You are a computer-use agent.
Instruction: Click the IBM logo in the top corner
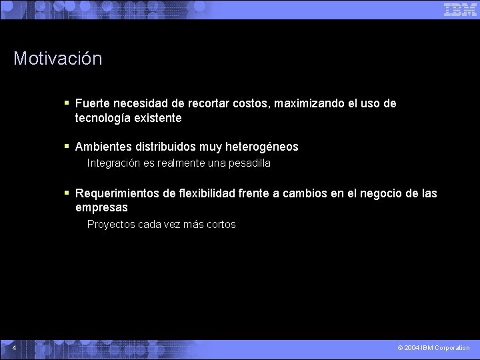click(460, 9)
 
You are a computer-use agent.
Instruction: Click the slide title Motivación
click(58, 59)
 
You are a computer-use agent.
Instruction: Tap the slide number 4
click(14, 347)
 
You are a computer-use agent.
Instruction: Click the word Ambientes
click(103, 147)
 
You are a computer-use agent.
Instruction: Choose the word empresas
click(101, 208)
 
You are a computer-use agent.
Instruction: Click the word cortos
click(221, 225)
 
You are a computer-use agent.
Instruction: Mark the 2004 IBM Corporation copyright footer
click(433, 348)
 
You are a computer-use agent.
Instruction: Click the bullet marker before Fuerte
click(67, 103)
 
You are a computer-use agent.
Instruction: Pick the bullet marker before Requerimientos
click(67, 193)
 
